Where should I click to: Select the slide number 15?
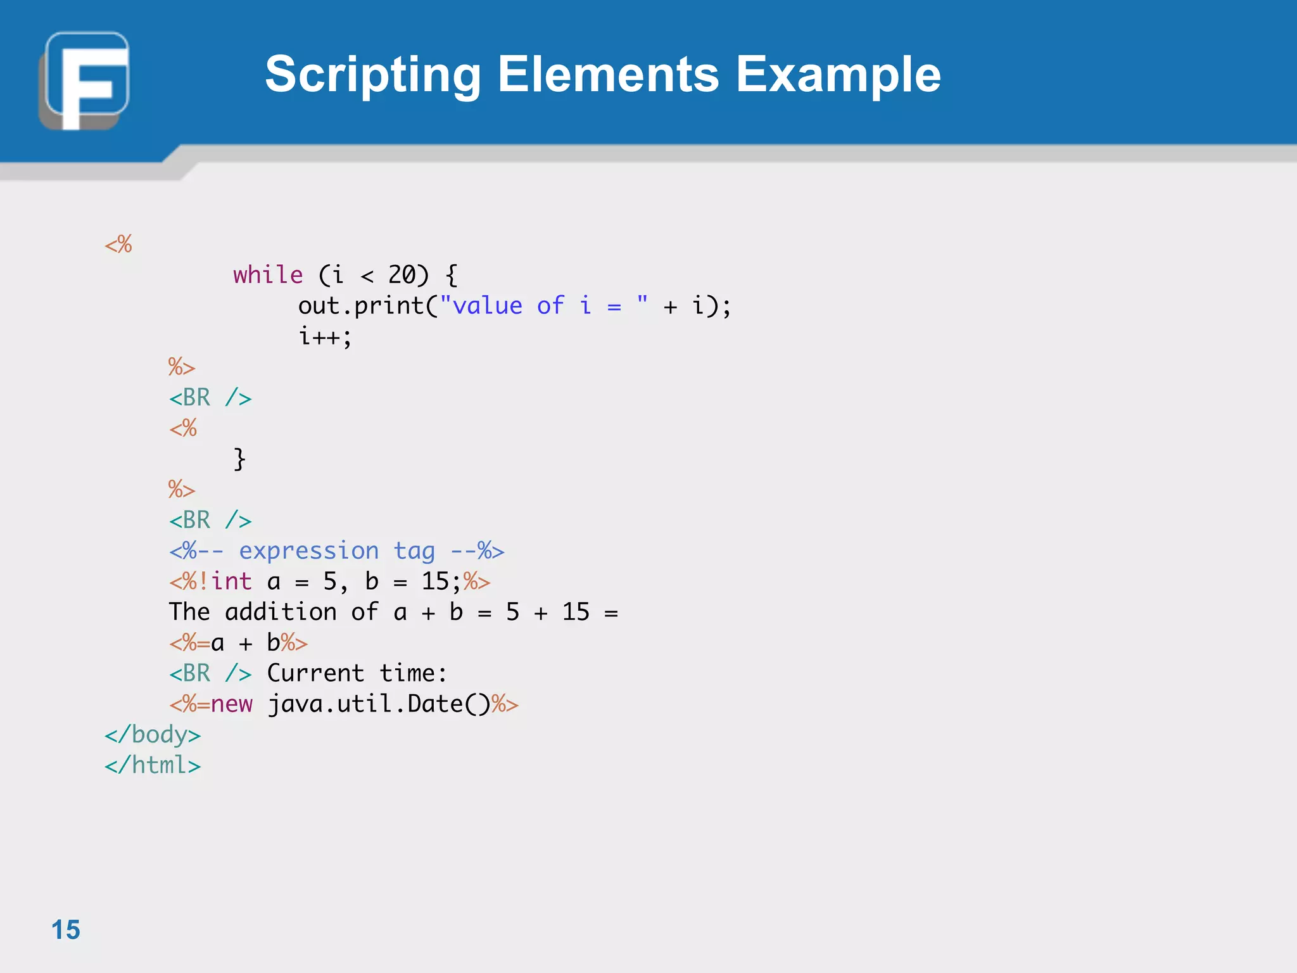point(66,930)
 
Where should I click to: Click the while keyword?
point(268,276)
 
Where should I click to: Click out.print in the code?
point(361,306)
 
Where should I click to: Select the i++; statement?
point(325,336)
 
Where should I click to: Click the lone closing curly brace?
point(239,459)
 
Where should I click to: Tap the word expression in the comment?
point(308,550)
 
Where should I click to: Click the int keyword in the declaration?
point(231,582)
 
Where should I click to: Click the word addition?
point(281,612)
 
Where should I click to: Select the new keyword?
point(232,704)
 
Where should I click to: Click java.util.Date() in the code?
point(379,704)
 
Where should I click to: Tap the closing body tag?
point(153,735)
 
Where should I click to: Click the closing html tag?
point(153,765)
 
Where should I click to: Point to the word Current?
point(315,673)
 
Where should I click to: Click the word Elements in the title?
point(608,75)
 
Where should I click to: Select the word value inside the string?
point(488,306)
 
